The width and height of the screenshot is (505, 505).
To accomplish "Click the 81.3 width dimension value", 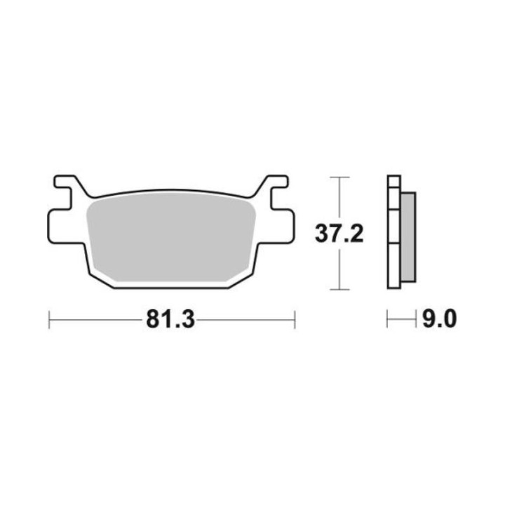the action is [170, 320].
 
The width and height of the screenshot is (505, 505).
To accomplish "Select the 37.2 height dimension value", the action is [339, 234].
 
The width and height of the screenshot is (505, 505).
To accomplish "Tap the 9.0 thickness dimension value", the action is [439, 319].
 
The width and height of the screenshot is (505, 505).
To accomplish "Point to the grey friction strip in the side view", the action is [408, 237].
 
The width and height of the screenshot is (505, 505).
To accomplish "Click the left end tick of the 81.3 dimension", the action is [49, 320].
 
